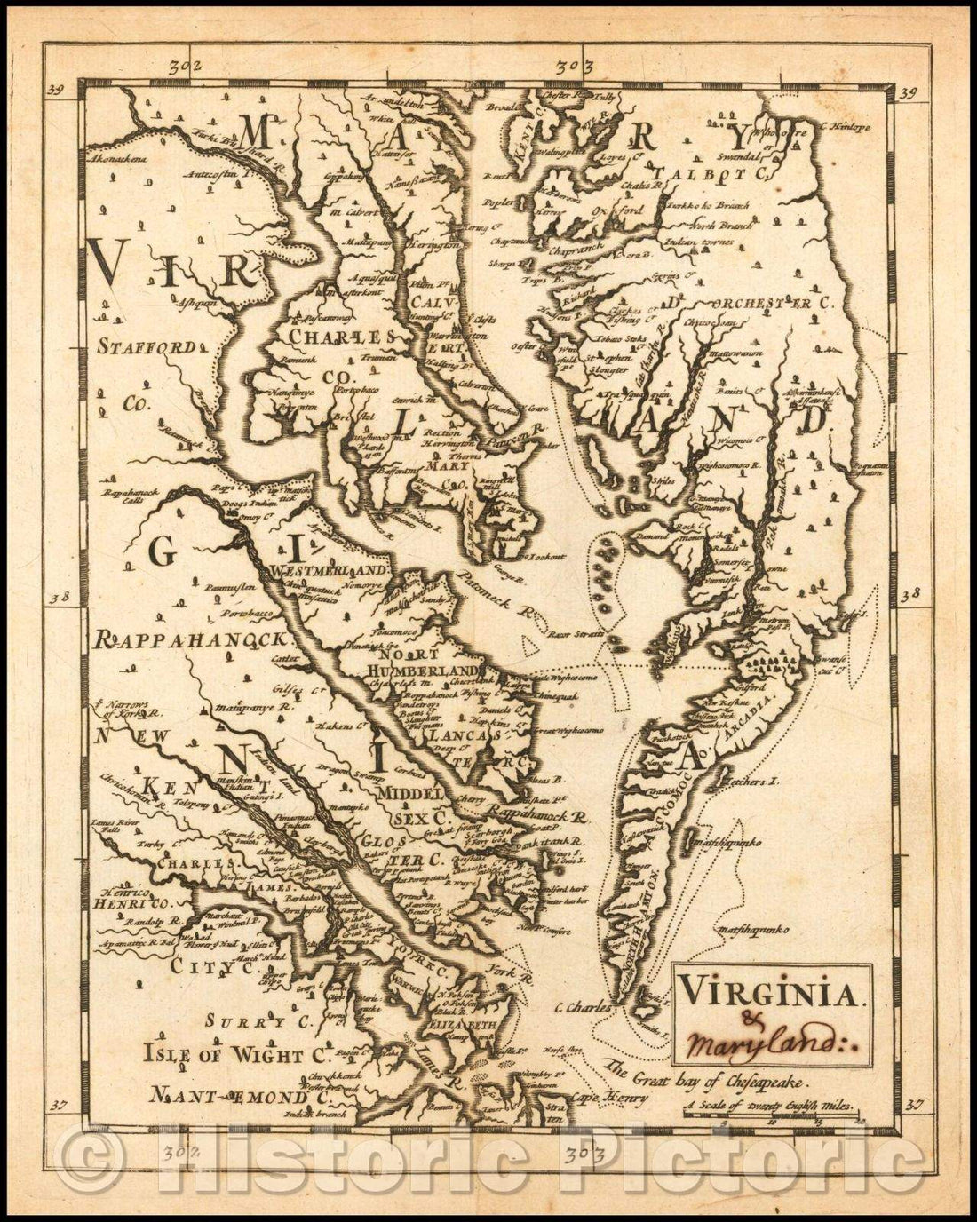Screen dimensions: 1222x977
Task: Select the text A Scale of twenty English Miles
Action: tap(770, 1107)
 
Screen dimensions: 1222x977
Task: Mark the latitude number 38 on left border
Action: tap(58, 598)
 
